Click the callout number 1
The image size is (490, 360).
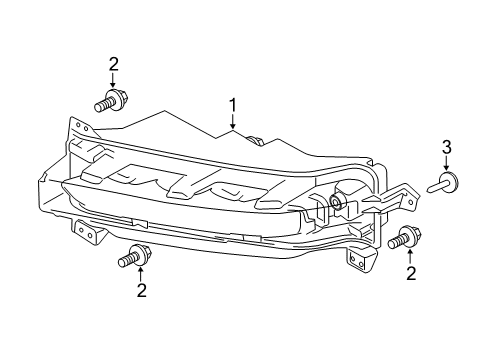[x=233, y=104]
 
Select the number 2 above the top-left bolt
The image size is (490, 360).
[x=113, y=65]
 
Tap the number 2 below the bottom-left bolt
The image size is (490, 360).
[x=141, y=291]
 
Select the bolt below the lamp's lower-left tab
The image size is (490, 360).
[x=131, y=257]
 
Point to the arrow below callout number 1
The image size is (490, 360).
[x=233, y=122]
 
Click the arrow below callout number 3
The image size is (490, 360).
[x=446, y=164]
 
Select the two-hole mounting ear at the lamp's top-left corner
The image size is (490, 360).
[x=79, y=129]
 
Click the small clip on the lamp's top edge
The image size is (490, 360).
[x=256, y=140]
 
